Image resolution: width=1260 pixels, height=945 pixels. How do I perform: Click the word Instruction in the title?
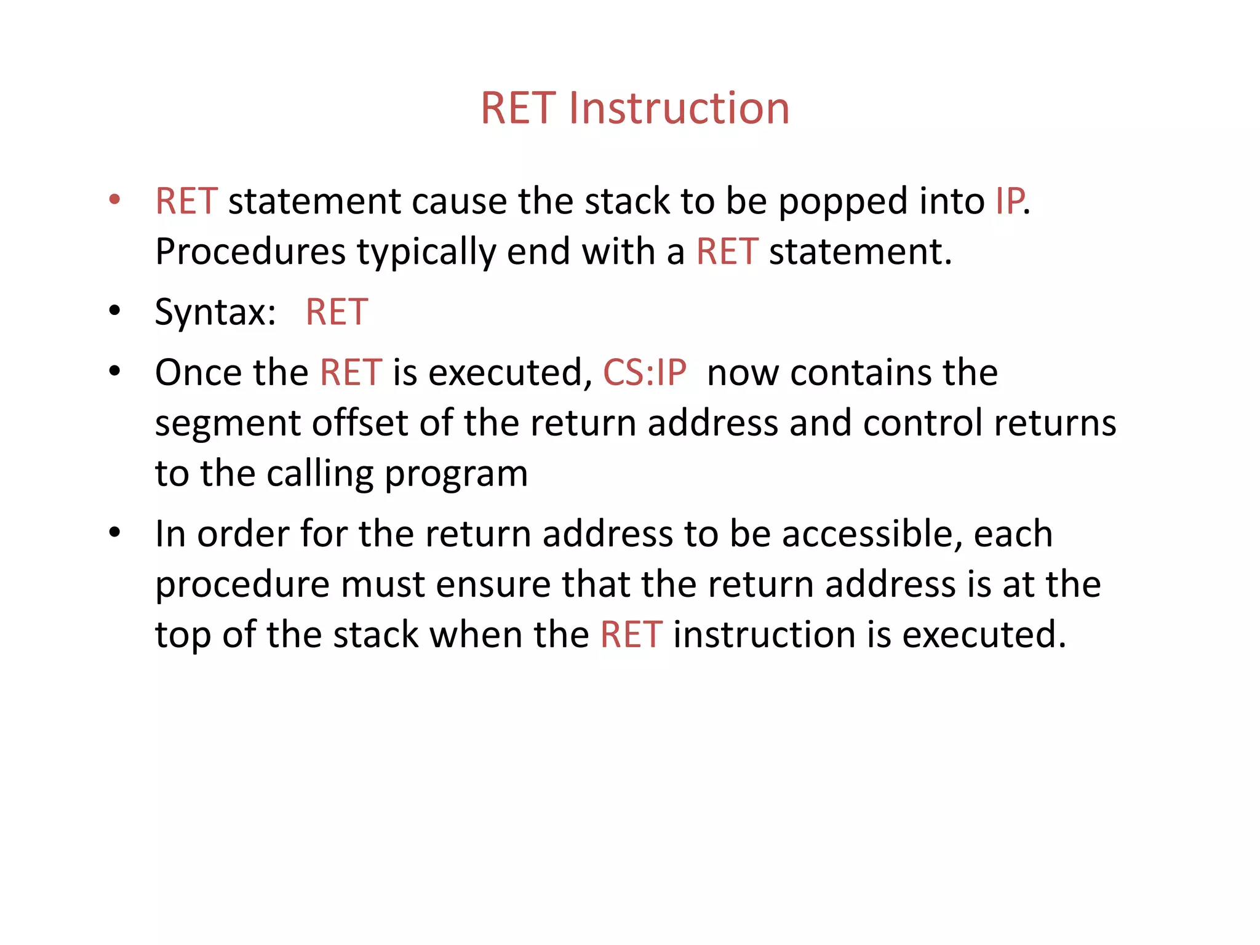click(x=679, y=108)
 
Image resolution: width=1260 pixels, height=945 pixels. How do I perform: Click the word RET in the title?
click(x=518, y=108)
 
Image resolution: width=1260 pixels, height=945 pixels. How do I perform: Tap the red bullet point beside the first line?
click(x=114, y=199)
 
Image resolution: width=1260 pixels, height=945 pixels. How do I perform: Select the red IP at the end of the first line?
click(x=1010, y=201)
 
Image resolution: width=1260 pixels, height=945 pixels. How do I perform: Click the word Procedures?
click(x=250, y=252)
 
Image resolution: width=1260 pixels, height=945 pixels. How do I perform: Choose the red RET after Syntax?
click(x=337, y=312)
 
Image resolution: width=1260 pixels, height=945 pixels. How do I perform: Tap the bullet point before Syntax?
click(x=114, y=311)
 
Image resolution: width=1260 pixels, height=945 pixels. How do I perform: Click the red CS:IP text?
click(x=644, y=373)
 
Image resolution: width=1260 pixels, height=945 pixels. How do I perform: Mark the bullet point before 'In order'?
click(x=114, y=533)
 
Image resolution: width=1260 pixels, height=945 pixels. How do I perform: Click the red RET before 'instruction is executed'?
click(x=631, y=635)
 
